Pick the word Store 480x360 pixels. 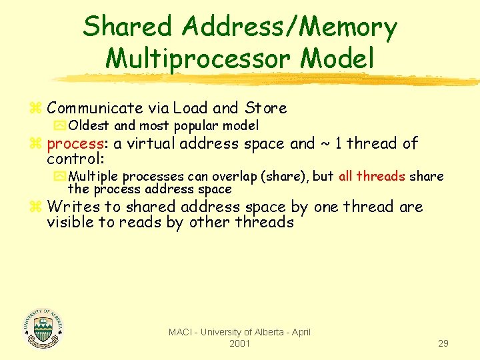point(265,108)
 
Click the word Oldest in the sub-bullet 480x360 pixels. point(89,125)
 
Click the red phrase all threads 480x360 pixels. point(371,177)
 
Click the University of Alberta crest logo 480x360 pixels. point(43,328)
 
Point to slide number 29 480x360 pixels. point(443,343)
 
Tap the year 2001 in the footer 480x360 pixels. point(239,343)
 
